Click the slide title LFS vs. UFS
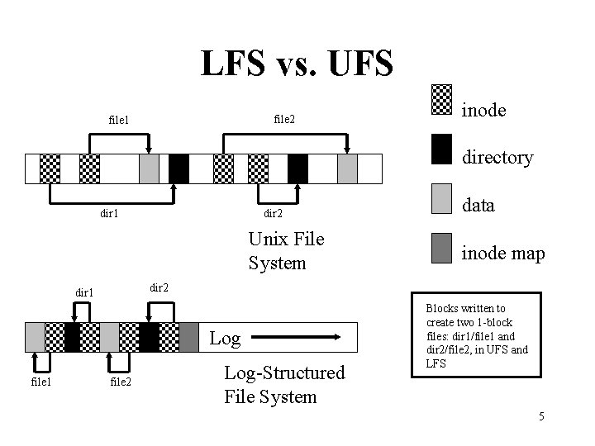click(x=297, y=64)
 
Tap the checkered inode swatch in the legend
click(x=442, y=100)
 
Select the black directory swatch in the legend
click(x=442, y=149)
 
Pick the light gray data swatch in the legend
click(x=442, y=198)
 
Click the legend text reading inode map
click(x=502, y=254)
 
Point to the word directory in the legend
click(x=497, y=157)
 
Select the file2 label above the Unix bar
click(x=283, y=120)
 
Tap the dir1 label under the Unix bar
click(x=109, y=213)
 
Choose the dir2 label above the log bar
click(x=159, y=287)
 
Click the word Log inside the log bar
click(x=225, y=338)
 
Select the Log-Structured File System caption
click(x=284, y=384)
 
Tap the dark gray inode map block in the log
click(x=189, y=337)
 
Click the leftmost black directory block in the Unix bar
click(x=178, y=168)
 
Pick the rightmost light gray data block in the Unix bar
click(x=347, y=168)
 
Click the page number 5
click(x=540, y=415)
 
